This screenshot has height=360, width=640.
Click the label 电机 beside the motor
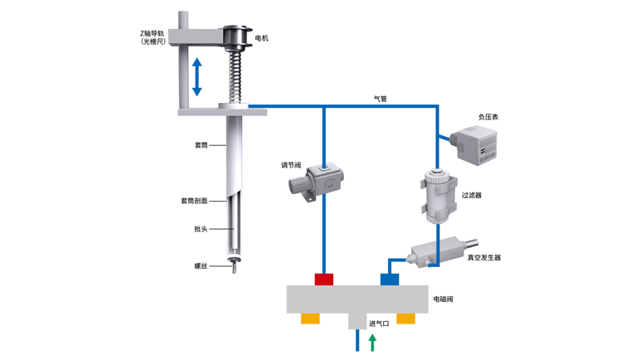261,38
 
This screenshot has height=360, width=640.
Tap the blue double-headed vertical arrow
197,76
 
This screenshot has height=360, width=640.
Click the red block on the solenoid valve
323,279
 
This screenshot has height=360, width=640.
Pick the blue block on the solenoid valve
390,279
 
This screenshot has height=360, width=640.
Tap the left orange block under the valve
311,319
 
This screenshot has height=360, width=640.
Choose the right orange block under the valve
405,319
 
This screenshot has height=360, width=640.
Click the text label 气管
381,98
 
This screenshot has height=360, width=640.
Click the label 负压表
488,117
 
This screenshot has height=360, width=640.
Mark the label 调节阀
290,164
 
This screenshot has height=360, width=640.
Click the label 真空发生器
484,257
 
